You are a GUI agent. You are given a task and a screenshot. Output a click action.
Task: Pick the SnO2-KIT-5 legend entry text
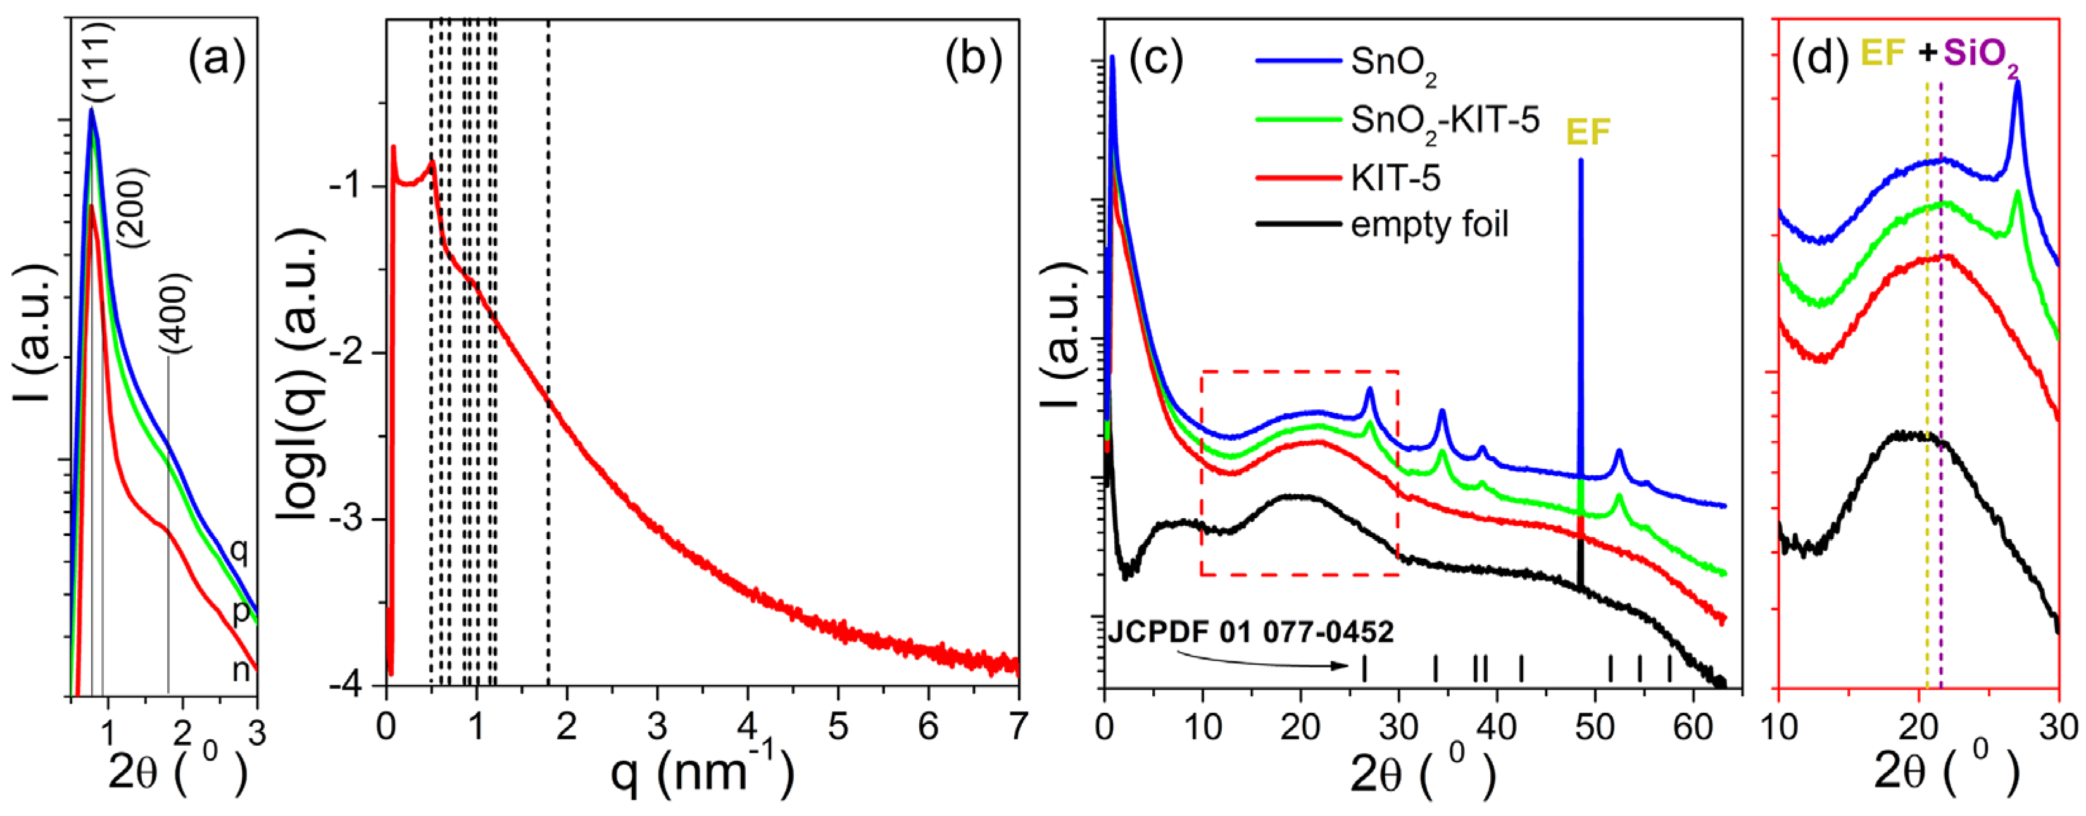pyautogui.click(x=1445, y=122)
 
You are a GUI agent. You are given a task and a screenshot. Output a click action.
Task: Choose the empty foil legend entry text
pyautogui.click(x=1430, y=223)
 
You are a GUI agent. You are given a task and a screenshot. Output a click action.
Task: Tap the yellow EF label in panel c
pyautogui.click(x=1588, y=131)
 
